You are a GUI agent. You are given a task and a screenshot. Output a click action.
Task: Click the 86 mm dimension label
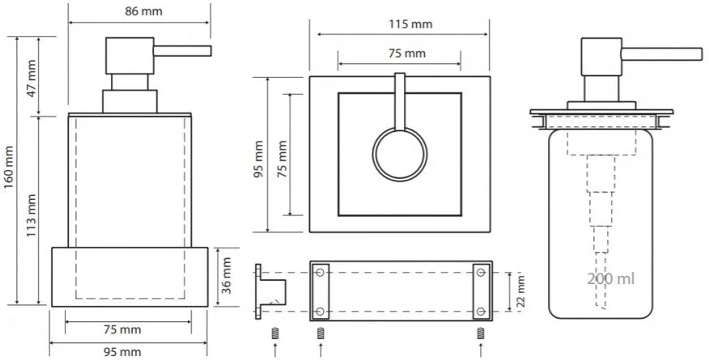pyautogui.click(x=143, y=11)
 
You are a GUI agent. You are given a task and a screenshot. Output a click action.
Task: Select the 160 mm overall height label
pyautogui.click(x=9, y=167)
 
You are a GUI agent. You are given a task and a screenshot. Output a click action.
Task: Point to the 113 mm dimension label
pyautogui.click(x=30, y=215)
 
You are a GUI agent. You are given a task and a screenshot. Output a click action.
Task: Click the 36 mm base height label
pyautogui.click(x=226, y=276)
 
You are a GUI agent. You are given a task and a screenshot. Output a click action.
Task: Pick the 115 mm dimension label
pyautogui.click(x=410, y=23)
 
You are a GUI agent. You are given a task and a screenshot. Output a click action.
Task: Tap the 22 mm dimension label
pyautogui.click(x=521, y=290)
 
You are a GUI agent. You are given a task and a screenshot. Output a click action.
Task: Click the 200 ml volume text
pyautogui.click(x=611, y=278)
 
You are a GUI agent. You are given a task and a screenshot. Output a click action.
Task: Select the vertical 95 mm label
pyautogui.click(x=258, y=159)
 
